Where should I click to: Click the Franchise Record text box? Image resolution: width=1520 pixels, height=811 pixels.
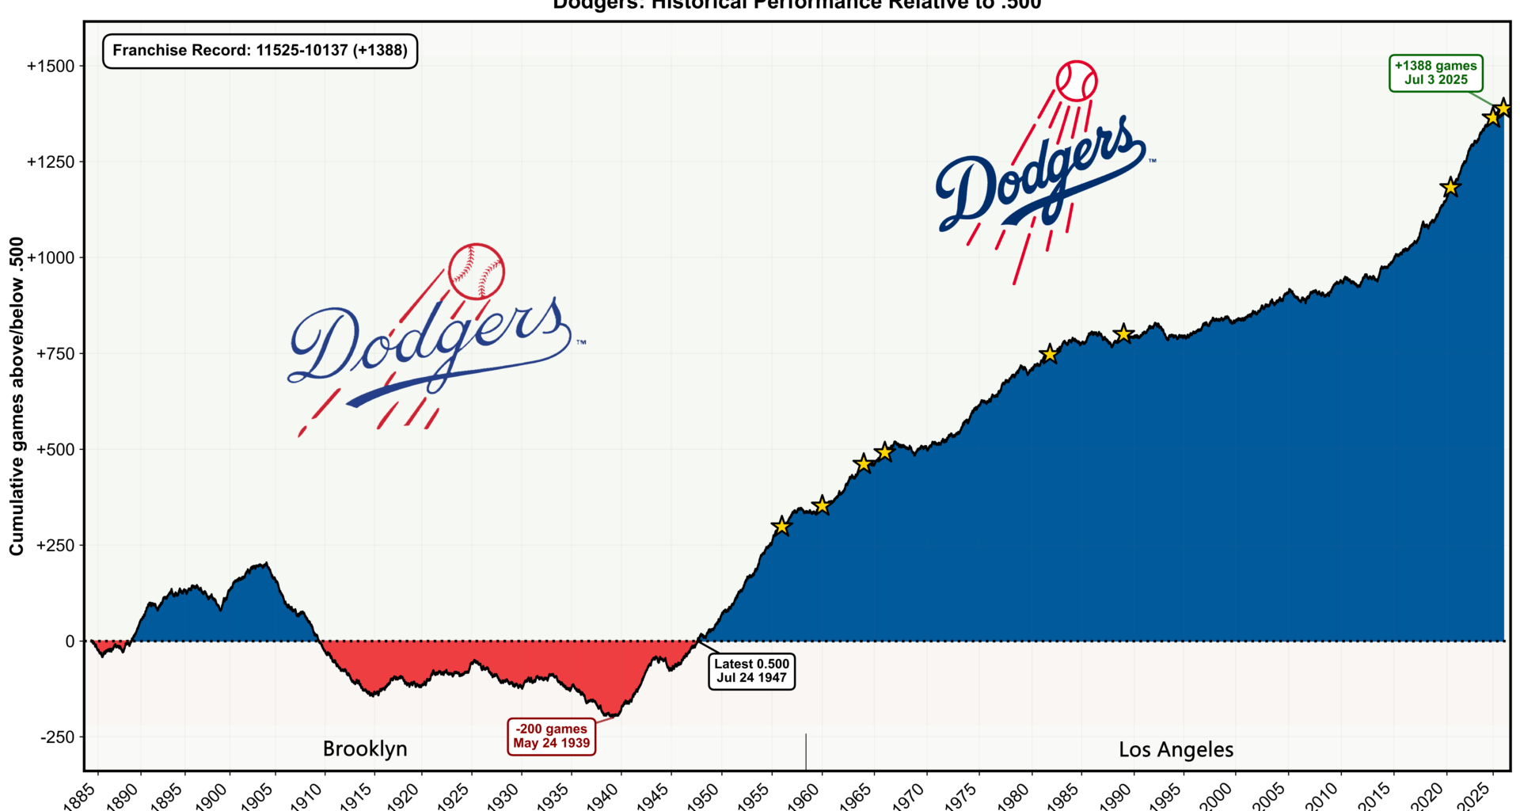(x=260, y=51)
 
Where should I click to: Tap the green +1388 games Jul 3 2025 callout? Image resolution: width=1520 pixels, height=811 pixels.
(x=1435, y=73)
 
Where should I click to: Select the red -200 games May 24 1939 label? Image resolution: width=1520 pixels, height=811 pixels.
(x=551, y=736)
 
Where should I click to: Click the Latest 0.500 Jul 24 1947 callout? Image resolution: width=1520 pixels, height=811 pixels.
(x=751, y=671)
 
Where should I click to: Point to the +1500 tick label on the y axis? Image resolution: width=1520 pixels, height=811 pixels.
(x=51, y=67)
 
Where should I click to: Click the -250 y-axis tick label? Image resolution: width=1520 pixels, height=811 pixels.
(x=57, y=737)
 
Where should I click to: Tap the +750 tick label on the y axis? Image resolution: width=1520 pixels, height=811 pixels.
(x=55, y=354)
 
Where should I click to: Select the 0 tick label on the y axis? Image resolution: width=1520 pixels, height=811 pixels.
(x=70, y=642)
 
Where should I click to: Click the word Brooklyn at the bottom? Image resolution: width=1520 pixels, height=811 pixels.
(x=365, y=749)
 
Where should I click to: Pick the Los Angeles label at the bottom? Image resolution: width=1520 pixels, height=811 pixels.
(x=1176, y=750)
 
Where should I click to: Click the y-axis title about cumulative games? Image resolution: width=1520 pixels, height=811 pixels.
(x=17, y=396)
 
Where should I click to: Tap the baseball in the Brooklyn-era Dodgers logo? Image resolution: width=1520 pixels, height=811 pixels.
(x=476, y=272)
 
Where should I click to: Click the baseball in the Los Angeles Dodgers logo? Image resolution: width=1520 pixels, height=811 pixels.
(x=1077, y=81)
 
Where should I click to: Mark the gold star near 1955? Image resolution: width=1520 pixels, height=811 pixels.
(x=781, y=526)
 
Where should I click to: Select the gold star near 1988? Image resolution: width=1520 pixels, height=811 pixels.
(x=1123, y=333)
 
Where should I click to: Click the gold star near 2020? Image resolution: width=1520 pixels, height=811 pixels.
(x=1450, y=188)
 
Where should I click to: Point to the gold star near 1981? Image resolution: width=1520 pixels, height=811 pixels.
(x=1049, y=354)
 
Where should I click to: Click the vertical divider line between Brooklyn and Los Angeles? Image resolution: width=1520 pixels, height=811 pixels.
(x=806, y=751)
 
